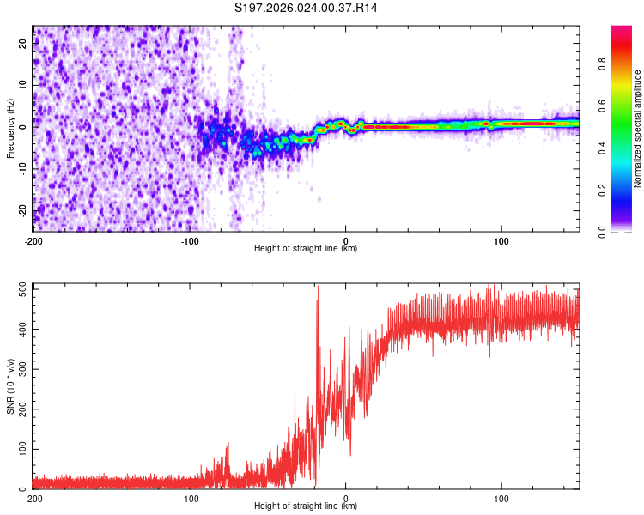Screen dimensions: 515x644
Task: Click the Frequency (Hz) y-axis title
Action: pyautogui.click(x=10, y=128)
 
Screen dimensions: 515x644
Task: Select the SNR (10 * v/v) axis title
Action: pyautogui.click(x=10, y=385)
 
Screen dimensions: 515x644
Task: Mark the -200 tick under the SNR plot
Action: pyautogui.click(x=33, y=499)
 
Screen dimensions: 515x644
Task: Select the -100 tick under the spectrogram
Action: pyautogui.click(x=189, y=241)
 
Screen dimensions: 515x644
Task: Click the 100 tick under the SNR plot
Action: pyautogui.click(x=501, y=499)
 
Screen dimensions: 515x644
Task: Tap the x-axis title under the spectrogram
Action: pyautogui.click(x=306, y=249)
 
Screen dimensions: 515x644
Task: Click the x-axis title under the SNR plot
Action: pyautogui.click(x=306, y=506)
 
